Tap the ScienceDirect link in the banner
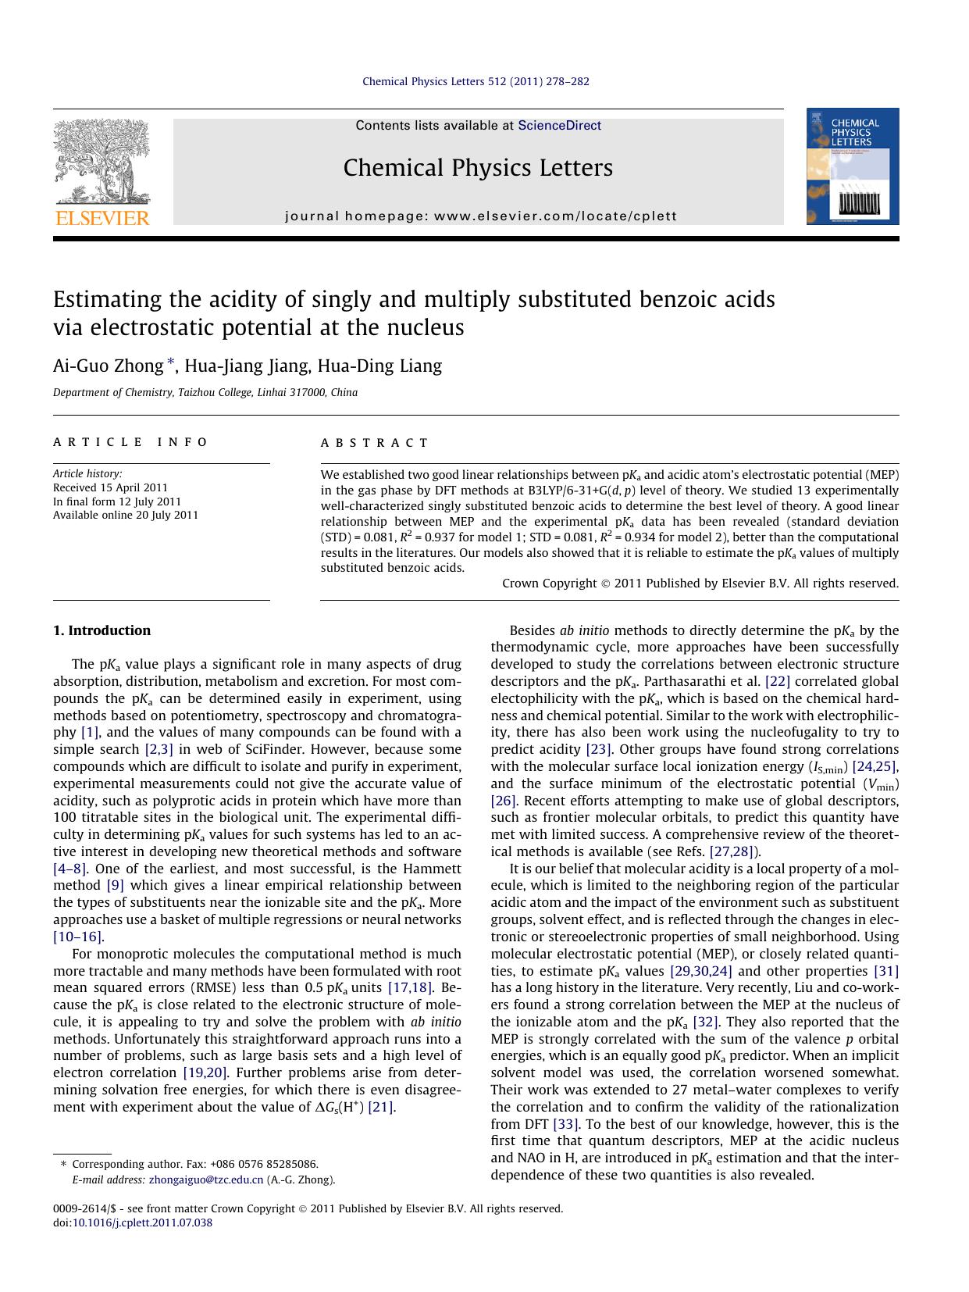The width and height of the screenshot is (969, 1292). (559, 126)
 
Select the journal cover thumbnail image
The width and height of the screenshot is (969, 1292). (853, 166)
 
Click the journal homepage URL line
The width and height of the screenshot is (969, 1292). (481, 216)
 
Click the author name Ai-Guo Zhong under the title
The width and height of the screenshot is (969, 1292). (108, 366)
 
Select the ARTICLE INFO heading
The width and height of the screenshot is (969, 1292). (130, 442)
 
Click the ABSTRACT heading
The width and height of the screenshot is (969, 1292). (375, 443)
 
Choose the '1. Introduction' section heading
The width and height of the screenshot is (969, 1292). (102, 630)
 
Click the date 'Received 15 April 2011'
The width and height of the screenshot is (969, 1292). (110, 487)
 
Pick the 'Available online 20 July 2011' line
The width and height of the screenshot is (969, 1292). (126, 516)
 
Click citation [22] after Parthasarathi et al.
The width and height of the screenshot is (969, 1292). (778, 681)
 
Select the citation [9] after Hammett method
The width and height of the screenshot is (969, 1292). (115, 885)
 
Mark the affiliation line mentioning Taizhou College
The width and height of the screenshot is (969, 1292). (205, 393)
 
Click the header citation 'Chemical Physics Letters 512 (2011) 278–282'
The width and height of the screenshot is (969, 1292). (476, 81)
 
